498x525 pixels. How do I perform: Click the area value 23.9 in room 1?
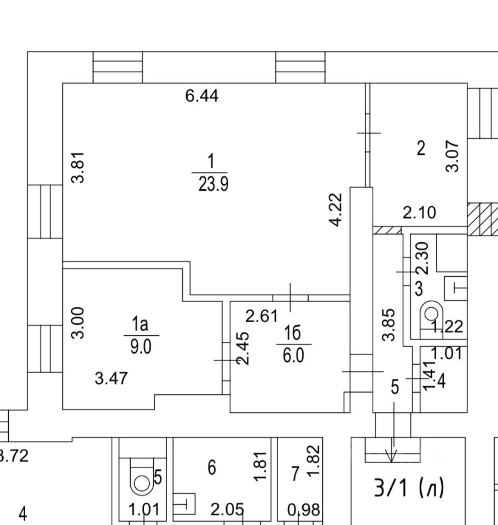pyautogui.click(x=213, y=184)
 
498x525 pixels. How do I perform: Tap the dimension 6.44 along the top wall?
pyautogui.click(x=202, y=96)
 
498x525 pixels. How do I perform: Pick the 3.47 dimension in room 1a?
pyautogui.click(x=112, y=378)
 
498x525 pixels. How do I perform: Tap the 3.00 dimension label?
pyautogui.click(x=79, y=322)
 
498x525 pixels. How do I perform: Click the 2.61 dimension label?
pyautogui.click(x=262, y=316)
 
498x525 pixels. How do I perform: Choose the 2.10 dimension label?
pyautogui.click(x=420, y=213)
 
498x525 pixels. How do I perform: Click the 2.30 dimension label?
pyautogui.click(x=423, y=259)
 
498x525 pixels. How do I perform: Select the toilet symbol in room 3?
pyautogui.click(x=431, y=314)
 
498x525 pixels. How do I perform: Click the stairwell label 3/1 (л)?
pyautogui.click(x=409, y=487)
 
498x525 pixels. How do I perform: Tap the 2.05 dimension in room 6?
pyautogui.click(x=227, y=510)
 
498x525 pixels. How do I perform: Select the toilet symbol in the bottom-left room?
pyautogui.click(x=141, y=481)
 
